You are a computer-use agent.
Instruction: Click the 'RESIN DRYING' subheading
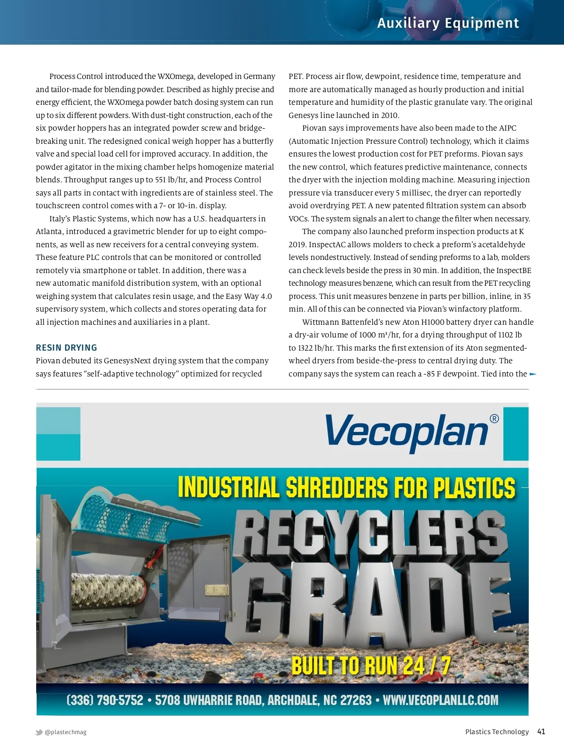(x=66, y=348)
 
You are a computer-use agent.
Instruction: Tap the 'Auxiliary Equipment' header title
(x=448, y=23)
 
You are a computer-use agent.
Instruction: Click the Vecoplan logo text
(x=407, y=432)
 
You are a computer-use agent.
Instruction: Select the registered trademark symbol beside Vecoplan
(x=494, y=419)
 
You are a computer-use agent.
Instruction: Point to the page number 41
(x=541, y=731)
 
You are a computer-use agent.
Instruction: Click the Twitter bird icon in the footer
(x=39, y=732)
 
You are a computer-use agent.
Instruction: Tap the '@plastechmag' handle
(x=65, y=732)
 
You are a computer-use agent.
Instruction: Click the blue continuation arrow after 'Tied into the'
(x=533, y=374)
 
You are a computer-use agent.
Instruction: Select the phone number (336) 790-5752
(x=105, y=700)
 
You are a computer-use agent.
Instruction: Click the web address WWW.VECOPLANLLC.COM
(x=440, y=700)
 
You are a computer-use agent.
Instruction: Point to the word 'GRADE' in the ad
(x=371, y=604)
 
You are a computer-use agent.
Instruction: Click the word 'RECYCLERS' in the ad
(x=369, y=533)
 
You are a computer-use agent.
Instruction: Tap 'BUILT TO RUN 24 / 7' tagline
(x=371, y=666)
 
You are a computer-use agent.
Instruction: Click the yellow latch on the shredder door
(x=216, y=589)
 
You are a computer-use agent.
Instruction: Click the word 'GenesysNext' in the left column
(x=128, y=361)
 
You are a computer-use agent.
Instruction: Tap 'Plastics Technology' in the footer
(x=497, y=732)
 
